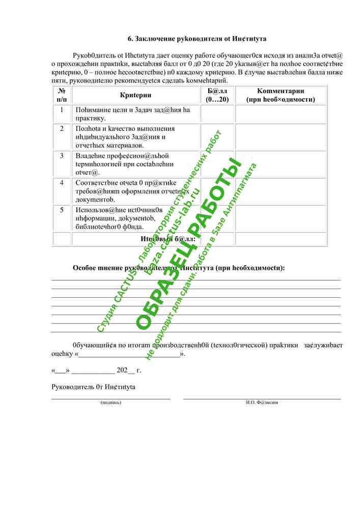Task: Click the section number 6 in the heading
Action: tap(130, 39)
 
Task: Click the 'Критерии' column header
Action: tap(135, 95)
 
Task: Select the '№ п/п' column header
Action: tap(62, 95)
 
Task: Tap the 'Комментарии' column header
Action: tap(281, 95)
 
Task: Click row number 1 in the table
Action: tap(62, 110)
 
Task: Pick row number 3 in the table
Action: tap(62, 156)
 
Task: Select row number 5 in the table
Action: tap(62, 210)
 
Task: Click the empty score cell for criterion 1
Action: tap(217, 114)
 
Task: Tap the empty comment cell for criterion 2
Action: tap(281, 137)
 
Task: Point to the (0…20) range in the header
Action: tap(217, 100)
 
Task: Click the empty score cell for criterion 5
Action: tap(217, 218)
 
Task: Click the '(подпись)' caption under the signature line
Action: tap(111, 402)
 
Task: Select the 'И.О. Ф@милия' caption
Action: tap(262, 402)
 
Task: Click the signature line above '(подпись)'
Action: tap(111, 398)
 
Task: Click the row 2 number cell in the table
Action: tap(62, 129)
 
